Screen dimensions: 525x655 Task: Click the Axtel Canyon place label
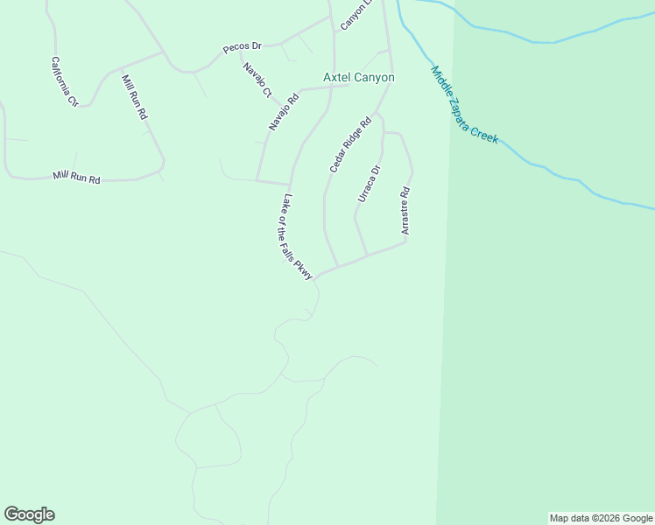(359, 78)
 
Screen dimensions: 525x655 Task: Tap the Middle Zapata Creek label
(464, 105)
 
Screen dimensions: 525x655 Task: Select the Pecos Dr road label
(243, 47)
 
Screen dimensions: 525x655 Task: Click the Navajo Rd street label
(284, 112)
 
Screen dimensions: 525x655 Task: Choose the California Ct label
(65, 81)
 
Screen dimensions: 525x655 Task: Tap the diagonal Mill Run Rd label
(135, 97)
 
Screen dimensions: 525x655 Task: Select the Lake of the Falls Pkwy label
(298, 237)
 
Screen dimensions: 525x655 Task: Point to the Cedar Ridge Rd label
(350, 144)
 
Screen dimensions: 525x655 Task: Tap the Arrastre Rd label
(405, 211)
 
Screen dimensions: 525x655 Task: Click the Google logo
(29, 514)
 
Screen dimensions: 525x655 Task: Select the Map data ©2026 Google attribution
(601, 518)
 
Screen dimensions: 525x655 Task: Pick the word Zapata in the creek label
(469, 111)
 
